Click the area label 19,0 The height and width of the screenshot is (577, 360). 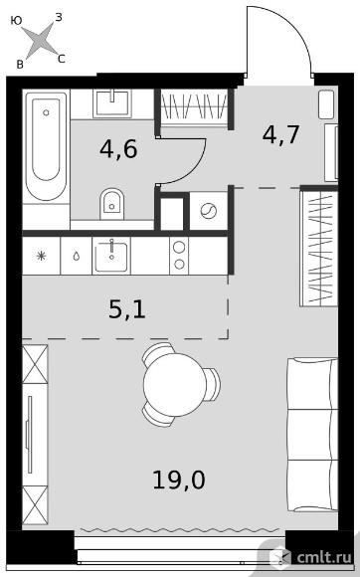[179, 481]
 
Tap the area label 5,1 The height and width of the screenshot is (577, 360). [127, 309]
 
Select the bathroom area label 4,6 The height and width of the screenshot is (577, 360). [118, 149]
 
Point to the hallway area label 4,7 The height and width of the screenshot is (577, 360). [281, 135]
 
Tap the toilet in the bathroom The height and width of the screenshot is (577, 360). [111, 204]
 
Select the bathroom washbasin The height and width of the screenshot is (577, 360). [111, 103]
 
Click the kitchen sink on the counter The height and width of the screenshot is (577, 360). [111, 256]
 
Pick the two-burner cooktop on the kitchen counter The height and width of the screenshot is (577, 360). [179, 256]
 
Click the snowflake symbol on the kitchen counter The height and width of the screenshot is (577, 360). [41, 256]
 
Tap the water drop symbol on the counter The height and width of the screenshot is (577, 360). [77, 256]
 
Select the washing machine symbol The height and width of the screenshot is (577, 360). [209, 211]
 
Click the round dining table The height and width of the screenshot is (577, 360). [175, 385]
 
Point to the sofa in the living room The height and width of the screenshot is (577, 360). [312, 435]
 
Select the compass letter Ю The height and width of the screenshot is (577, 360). [16, 21]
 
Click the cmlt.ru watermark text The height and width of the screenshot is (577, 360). [324, 558]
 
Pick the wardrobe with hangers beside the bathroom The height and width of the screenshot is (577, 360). [195, 106]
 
